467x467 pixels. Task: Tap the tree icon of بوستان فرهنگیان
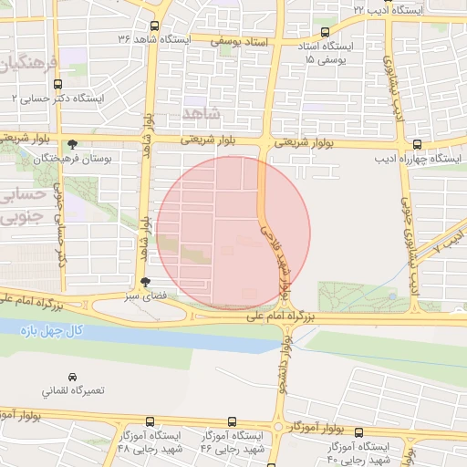(x=72, y=143)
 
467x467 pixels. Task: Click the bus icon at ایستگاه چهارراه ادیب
(x=417, y=143)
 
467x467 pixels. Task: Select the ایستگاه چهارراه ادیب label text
(x=417, y=158)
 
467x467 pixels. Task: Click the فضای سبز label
(x=145, y=296)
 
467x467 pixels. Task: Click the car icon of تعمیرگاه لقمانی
(x=72, y=376)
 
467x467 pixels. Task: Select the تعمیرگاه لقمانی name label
(x=73, y=390)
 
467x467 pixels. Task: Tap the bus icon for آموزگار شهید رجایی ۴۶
(x=232, y=422)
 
